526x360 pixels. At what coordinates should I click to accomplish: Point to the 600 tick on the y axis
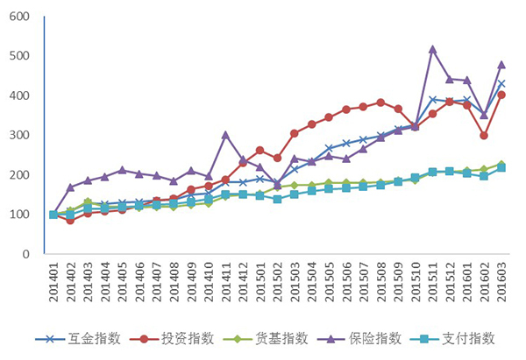pos(19,17)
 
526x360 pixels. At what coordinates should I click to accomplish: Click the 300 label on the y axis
pos(19,136)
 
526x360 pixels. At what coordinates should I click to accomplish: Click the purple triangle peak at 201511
pos(432,49)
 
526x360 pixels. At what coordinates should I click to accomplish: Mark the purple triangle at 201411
pos(225,135)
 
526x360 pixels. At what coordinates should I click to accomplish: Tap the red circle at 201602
pos(484,136)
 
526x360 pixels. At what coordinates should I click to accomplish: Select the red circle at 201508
pos(380,102)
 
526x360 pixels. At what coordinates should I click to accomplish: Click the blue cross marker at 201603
pos(501,83)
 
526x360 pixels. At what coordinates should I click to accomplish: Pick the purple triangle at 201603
pos(501,64)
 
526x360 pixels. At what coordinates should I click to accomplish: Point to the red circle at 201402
pos(70,221)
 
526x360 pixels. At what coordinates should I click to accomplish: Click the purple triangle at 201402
pos(70,187)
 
